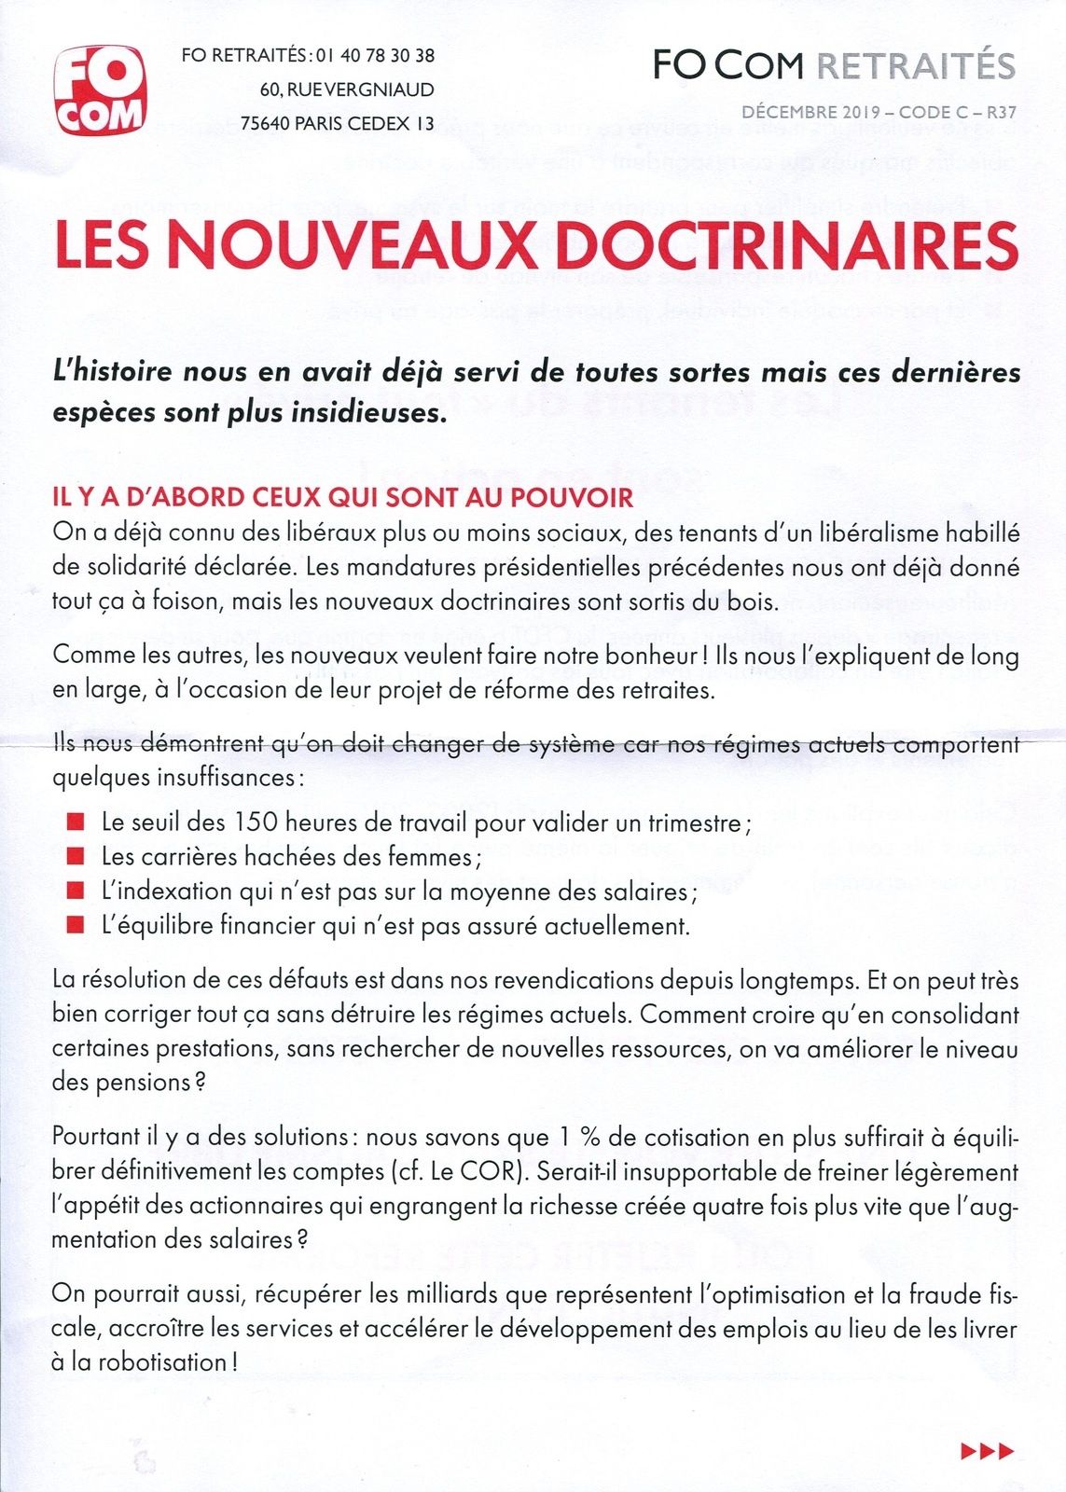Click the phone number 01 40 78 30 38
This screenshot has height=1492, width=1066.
375,56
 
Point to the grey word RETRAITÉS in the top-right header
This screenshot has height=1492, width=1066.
916,65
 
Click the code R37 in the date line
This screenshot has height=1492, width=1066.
1001,113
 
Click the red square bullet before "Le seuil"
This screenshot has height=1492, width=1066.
76,822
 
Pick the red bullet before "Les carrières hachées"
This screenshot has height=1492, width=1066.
76,856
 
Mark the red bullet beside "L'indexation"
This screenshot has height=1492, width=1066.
76,891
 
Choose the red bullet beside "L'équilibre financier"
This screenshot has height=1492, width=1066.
76,926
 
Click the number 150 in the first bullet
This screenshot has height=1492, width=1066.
254,822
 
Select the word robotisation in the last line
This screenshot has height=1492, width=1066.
162,1362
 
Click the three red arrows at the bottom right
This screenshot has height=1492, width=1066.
987,1450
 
